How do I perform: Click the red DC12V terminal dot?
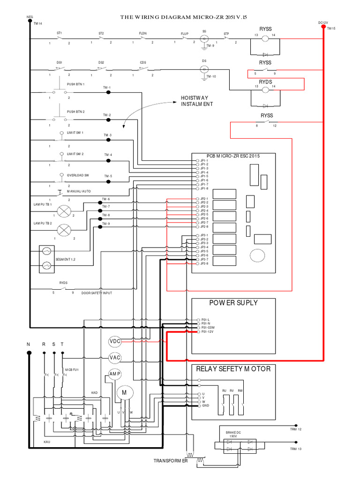tap(323, 27)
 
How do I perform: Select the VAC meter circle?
tap(115, 358)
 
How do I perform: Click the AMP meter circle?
tap(115, 374)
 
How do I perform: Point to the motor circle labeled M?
tap(125, 392)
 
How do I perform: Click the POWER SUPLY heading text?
tap(233, 303)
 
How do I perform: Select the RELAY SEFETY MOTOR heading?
tap(233, 369)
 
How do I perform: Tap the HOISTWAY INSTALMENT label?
tap(197, 101)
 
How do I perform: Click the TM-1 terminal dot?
tap(108, 92)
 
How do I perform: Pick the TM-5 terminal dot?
tap(108, 180)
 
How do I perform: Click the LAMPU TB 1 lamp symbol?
tap(63, 210)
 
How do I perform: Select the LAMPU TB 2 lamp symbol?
tap(63, 230)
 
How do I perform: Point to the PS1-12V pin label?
tap(207, 332)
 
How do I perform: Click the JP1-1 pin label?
tap(204, 160)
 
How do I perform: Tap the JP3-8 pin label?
tap(204, 263)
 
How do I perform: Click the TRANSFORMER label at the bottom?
tap(171, 461)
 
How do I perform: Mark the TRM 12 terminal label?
tap(295, 429)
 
